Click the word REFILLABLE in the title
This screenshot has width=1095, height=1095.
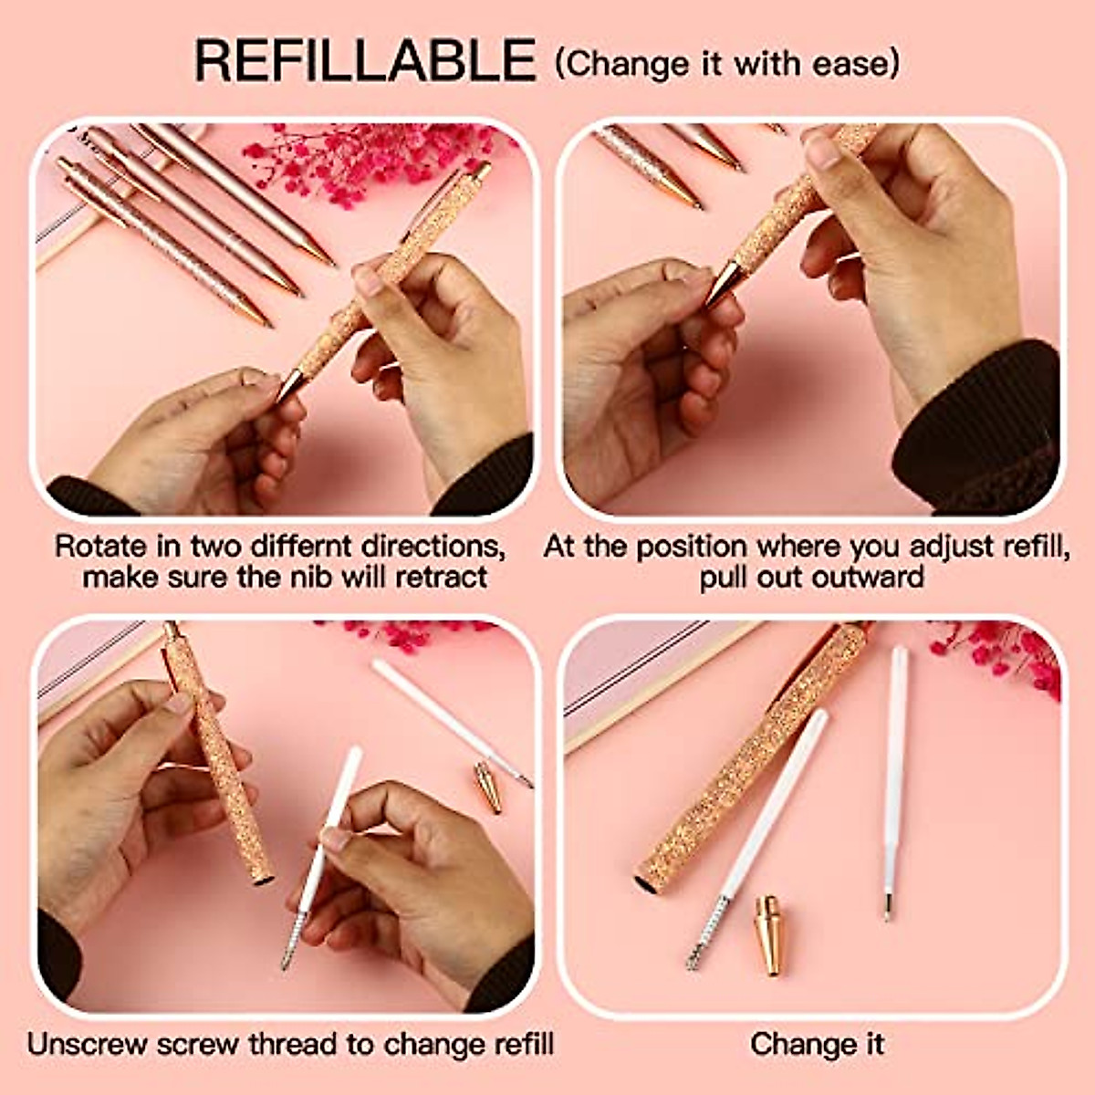point(365,61)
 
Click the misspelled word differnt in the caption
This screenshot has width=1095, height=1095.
point(302,547)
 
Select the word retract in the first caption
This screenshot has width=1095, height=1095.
point(439,577)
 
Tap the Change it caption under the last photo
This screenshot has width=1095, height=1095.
point(817,1044)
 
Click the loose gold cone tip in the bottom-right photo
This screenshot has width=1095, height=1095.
point(768,935)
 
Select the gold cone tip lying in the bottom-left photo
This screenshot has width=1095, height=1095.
point(488,787)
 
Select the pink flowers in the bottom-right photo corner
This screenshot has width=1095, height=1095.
point(1004,652)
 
